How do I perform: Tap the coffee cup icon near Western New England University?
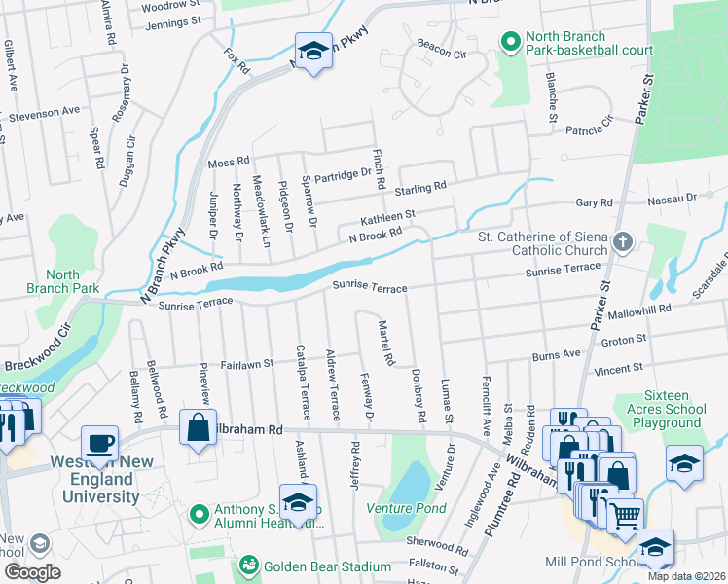[99, 443]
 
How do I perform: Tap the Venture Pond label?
[406, 508]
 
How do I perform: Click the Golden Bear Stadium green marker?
[249, 566]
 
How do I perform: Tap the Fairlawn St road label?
[244, 364]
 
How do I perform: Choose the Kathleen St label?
[388, 216]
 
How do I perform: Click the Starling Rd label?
[419, 185]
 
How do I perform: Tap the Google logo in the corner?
[32, 572]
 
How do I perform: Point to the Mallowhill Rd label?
[639, 310]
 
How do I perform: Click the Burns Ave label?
[556, 356]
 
